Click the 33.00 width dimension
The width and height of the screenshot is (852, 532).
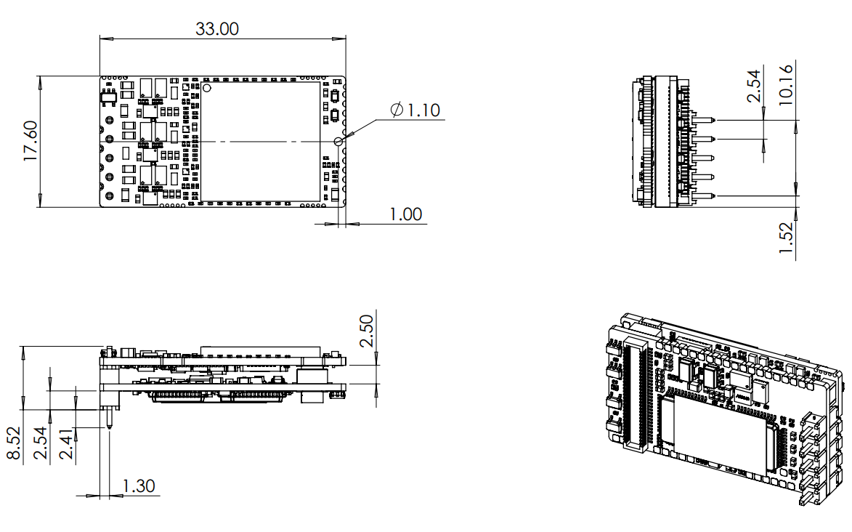click(x=217, y=29)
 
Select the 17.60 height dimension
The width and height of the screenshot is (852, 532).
click(x=31, y=141)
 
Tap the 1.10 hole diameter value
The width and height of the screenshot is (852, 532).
click(x=423, y=110)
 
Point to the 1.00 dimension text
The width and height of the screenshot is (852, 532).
click(x=405, y=214)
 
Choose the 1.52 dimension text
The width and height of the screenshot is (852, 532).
click(x=786, y=238)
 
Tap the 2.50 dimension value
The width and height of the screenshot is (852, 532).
click(x=367, y=331)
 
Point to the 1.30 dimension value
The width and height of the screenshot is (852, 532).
click(x=138, y=485)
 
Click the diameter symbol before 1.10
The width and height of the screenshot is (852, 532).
click(x=397, y=110)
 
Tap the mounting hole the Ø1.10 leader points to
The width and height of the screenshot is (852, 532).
click(x=339, y=141)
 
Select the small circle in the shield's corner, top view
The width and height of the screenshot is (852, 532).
click(x=207, y=88)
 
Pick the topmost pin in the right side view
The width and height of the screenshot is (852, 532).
click(x=705, y=120)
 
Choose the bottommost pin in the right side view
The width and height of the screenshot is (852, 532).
click(x=705, y=196)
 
